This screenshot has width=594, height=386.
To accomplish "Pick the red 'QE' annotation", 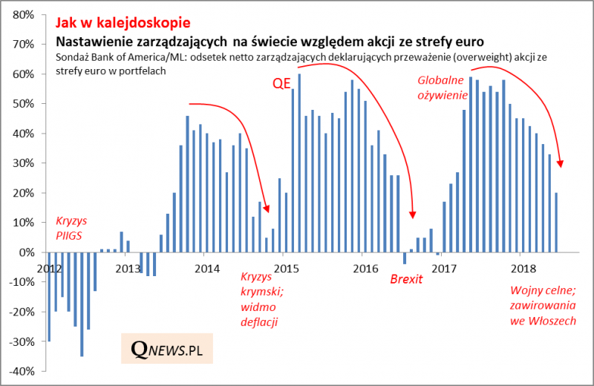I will pos(281,84).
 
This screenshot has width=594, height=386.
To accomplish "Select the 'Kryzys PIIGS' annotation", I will pos(71,228).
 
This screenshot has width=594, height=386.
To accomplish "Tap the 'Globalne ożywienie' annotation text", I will pos(442,87).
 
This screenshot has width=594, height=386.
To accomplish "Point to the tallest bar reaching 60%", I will pos(299,163).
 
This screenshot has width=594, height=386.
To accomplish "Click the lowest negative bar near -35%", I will pos(82,304).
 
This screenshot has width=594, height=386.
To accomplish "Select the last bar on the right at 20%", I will pos(556,223).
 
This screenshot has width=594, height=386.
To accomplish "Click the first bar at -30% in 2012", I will pos(49,297).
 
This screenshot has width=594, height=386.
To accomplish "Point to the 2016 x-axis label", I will pos(365,268).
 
